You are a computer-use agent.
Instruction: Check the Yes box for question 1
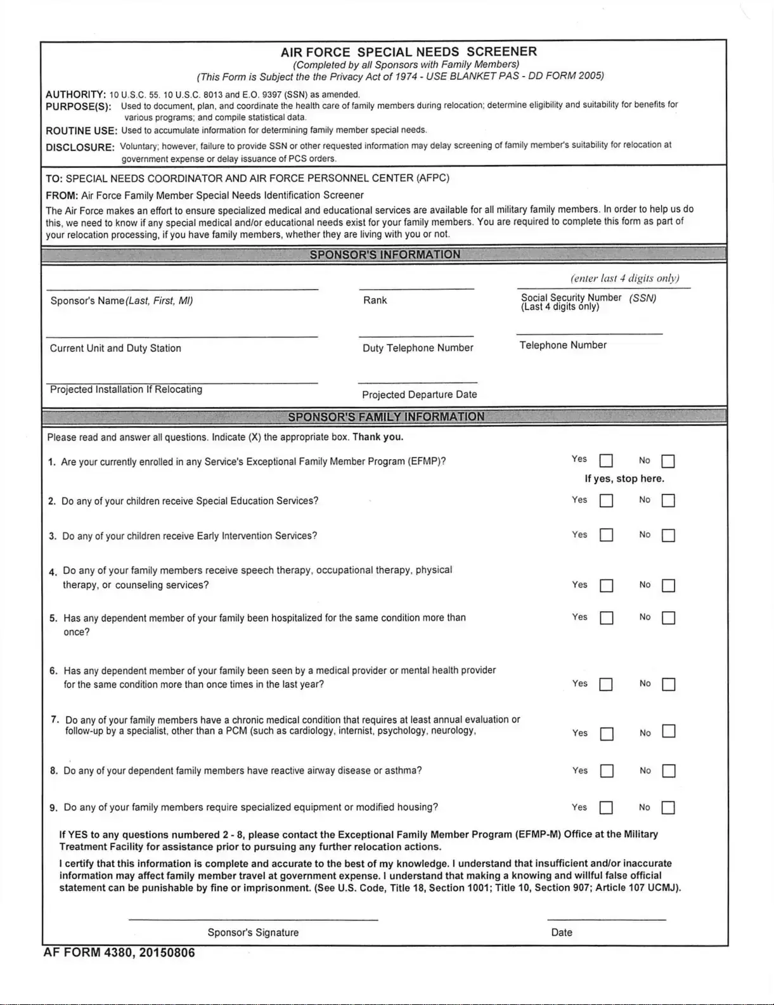coord(606,461)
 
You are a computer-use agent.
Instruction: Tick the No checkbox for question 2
coord(668,501)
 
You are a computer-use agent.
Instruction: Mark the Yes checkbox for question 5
coord(607,618)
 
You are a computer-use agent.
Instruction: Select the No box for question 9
coord(668,808)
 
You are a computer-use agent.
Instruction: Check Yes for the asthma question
coord(607,772)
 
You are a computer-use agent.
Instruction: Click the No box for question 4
coord(668,586)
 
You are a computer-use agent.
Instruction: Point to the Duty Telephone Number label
coord(418,348)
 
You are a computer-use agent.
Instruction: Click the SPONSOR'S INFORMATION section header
coord(385,255)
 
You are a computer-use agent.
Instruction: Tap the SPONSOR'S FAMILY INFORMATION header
coord(385,417)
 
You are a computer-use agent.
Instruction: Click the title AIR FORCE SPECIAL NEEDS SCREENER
coord(409,52)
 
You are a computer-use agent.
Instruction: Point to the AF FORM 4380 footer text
coord(119,953)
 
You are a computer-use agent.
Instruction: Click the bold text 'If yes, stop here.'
coord(624,479)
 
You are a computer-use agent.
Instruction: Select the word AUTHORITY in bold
coord(75,94)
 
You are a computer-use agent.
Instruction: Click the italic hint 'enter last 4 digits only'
coord(624,278)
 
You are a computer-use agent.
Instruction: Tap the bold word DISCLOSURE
coord(80,148)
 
